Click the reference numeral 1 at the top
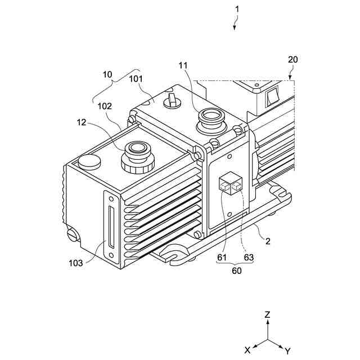pos(237,10)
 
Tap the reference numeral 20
pos(293,59)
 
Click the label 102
pos(105,106)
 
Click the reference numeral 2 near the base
pos(268,242)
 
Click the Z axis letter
pos(268,316)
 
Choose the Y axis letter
pos(288,350)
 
